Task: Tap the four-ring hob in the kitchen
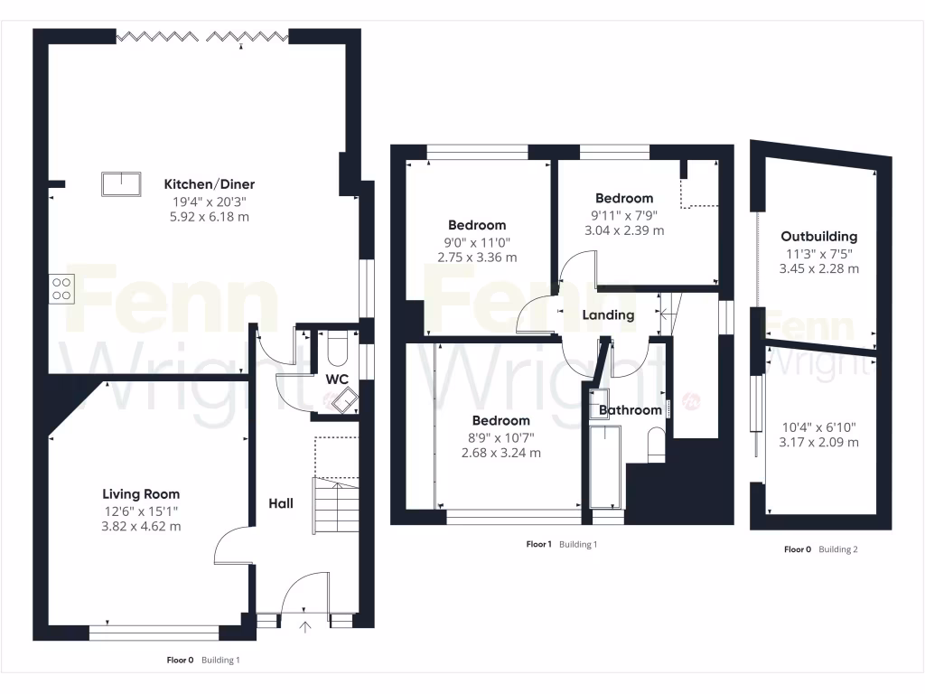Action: [61, 287]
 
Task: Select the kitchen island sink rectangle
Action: [121, 183]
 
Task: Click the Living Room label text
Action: [140, 494]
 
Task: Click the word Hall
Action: [280, 503]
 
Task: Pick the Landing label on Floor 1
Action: [608, 315]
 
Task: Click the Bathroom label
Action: [631, 410]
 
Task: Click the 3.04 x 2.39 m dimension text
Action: [624, 230]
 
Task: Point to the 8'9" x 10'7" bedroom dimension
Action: [501, 437]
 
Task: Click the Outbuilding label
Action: [819, 237]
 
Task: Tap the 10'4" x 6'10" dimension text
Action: [819, 427]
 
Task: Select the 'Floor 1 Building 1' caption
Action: [561, 545]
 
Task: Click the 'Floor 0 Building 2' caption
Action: [820, 549]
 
